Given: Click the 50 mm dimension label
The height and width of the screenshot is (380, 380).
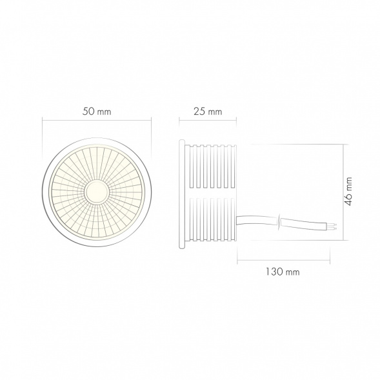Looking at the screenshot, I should click(97, 111).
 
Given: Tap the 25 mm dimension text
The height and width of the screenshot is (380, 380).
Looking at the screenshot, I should click(208, 111).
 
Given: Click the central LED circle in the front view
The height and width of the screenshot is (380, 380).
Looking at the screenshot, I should click(97, 192).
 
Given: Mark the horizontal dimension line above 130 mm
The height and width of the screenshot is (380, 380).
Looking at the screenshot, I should click(285, 261).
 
